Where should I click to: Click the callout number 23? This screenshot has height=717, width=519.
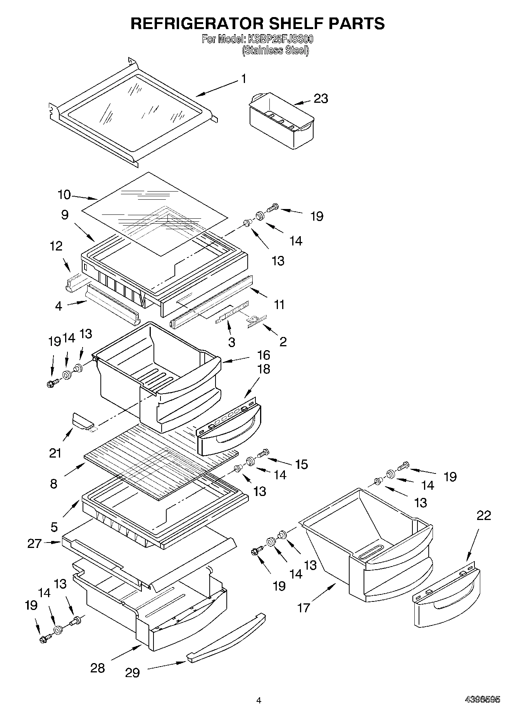[321, 99]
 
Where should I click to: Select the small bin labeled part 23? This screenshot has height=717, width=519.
[281, 120]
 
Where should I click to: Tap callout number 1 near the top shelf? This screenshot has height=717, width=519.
[243, 79]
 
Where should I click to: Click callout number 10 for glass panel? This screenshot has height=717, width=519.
[64, 195]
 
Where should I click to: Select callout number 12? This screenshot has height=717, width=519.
[57, 246]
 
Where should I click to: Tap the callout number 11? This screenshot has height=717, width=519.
[279, 304]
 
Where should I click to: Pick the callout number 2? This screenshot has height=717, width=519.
[283, 342]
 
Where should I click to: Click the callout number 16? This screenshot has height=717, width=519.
[263, 355]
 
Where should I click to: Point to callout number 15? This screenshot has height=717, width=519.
[301, 464]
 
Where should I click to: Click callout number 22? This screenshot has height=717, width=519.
[483, 515]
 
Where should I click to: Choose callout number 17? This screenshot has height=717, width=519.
[303, 607]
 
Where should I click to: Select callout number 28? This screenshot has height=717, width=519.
[98, 668]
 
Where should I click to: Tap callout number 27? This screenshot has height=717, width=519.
[34, 543]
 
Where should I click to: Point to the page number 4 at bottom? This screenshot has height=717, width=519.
[259, 700]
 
